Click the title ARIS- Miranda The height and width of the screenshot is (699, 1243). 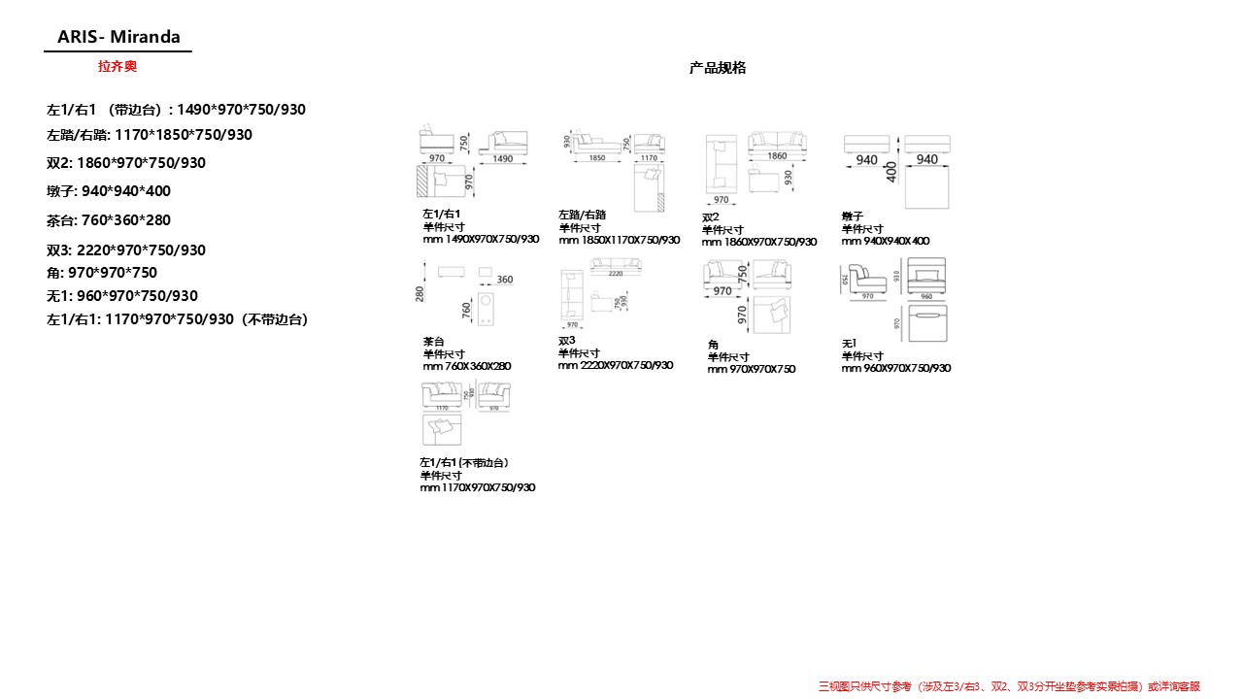(118, 37)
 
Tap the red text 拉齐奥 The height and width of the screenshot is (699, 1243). (118, 66)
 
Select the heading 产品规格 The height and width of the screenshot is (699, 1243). (718, 68)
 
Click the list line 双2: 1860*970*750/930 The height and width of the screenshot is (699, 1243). (126, 163)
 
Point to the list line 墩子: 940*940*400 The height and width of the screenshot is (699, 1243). (109, 191)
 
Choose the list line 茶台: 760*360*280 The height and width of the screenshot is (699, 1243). (109, 220)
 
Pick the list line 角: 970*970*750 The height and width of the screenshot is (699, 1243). (102, 273)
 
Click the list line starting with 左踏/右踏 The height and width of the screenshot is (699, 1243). (150, 135)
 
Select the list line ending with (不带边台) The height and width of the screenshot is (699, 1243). (178, 318)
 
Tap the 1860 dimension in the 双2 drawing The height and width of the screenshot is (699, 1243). (777, 155)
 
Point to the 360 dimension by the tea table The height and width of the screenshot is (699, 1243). (505, 280)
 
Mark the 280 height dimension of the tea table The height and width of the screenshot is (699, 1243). (420, 292)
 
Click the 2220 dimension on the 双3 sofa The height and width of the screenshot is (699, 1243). (616, 274)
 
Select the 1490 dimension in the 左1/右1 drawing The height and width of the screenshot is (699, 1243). (503, 158)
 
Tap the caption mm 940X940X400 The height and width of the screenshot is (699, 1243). (886, 241)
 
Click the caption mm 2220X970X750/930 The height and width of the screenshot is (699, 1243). (615, 365)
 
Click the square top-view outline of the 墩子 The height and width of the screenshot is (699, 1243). (926, 186)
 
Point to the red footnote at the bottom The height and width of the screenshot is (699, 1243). (1010, 686)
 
